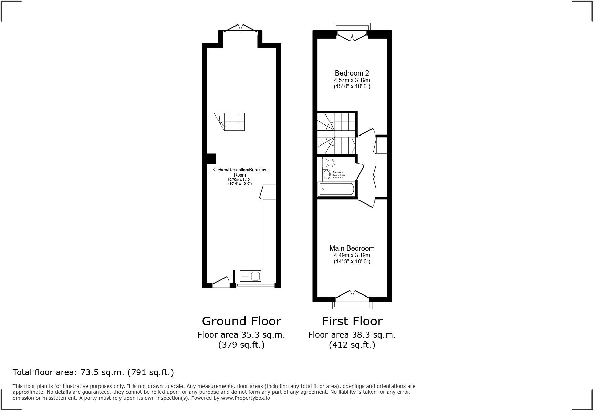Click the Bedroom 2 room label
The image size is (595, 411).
click(352, 73)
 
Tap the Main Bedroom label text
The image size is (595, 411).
click(352, 248)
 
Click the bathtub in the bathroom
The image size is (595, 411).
click(337, 189)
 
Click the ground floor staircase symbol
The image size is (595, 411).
click(230, 122)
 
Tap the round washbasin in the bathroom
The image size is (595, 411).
click(327, 174)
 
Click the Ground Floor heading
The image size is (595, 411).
click(241, 321)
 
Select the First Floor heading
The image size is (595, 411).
click(352, 321)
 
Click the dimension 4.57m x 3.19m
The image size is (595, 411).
click(352, 80)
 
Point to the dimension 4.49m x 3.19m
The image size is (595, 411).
click(352, 255)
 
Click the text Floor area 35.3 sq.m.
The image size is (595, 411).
click(241, 335)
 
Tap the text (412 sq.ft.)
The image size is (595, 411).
click(352, 345)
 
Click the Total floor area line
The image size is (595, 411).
click(93, 372)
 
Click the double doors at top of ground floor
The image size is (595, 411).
click(241, 28)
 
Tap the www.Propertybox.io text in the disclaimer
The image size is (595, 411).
click(245, 398)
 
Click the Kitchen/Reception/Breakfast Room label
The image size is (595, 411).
click(240, 172)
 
